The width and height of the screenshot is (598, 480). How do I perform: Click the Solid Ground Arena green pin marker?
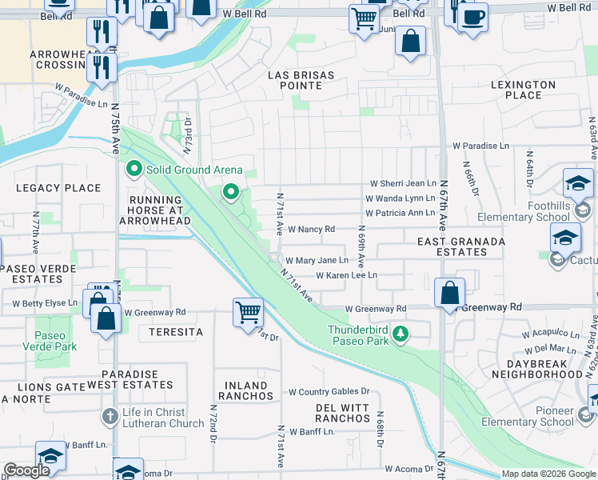[133, 170]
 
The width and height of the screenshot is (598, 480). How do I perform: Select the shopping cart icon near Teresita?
[249, 311]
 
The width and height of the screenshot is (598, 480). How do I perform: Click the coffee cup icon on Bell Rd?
[472, 16]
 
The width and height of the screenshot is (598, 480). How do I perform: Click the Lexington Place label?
[524, 90]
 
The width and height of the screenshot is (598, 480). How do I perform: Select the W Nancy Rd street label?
[311, 230]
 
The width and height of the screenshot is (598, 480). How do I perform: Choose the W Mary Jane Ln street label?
[317, 261]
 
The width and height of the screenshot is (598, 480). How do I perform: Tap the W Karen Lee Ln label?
[346, 275]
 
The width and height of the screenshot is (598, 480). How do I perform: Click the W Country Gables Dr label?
[329, 392]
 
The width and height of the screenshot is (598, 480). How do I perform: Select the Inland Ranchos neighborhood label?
[245, 390]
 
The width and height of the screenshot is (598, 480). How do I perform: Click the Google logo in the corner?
[26, 470]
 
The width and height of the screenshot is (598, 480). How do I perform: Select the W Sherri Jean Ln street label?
[403, 183]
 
